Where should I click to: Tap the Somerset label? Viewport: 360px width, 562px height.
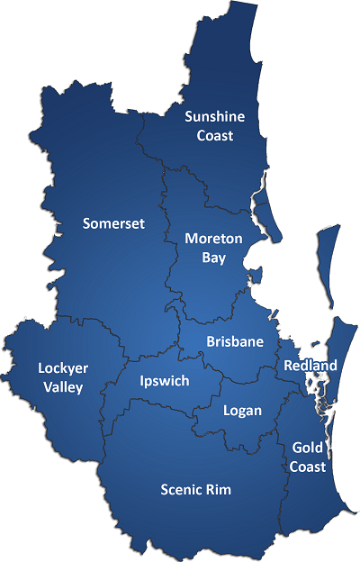[x=113, y=223]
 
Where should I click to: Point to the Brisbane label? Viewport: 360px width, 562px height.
[x=235, y=341]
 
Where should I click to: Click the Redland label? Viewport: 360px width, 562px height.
[x=310, y=366]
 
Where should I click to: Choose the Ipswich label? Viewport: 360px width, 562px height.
[x=165, y=381]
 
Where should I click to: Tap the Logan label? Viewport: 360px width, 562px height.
[x=242, y=411]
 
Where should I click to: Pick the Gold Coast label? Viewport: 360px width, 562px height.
[x=309, y=457]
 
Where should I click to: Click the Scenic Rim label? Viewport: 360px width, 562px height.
[x=196, y=490]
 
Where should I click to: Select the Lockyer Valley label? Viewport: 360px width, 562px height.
[x=61, y=377]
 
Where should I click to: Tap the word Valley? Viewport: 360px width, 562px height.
[x=61, y=387]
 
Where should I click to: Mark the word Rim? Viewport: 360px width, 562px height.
[x=219, y=490]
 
